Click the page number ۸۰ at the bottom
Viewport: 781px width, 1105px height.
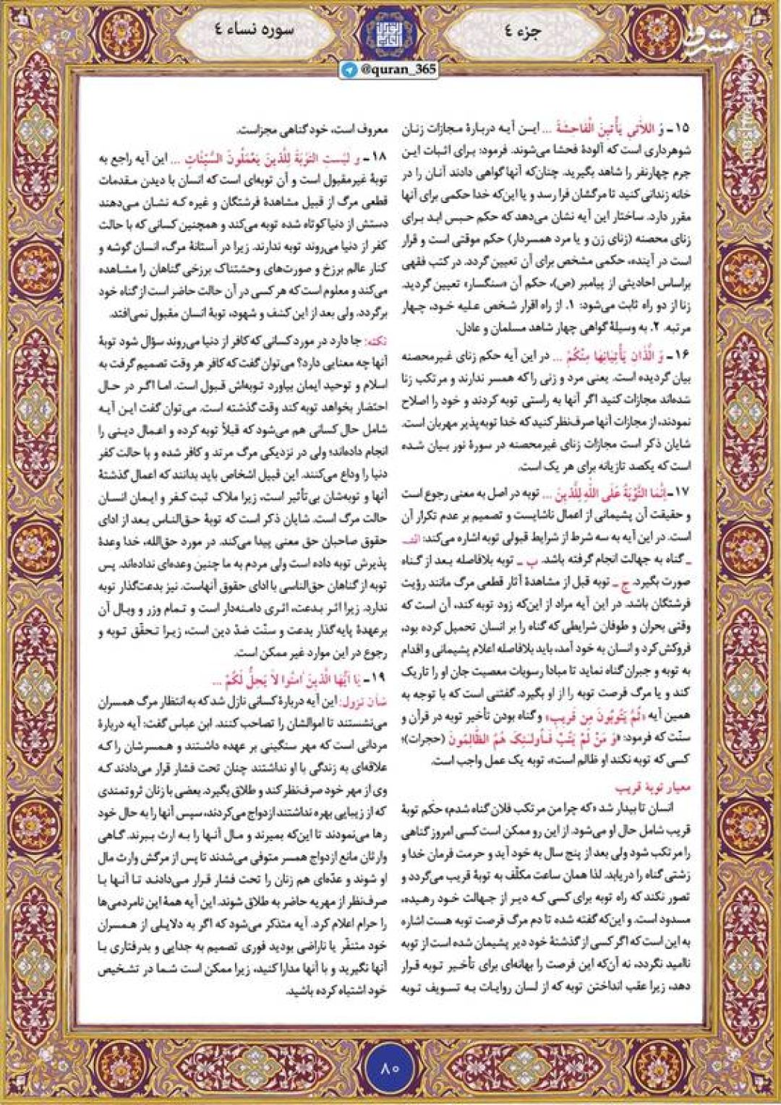390,1067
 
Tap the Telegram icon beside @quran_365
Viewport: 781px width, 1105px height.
350,70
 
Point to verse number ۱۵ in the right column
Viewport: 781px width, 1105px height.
683,129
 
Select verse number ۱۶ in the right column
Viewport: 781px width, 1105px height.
683,356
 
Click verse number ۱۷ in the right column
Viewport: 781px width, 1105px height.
683,493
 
